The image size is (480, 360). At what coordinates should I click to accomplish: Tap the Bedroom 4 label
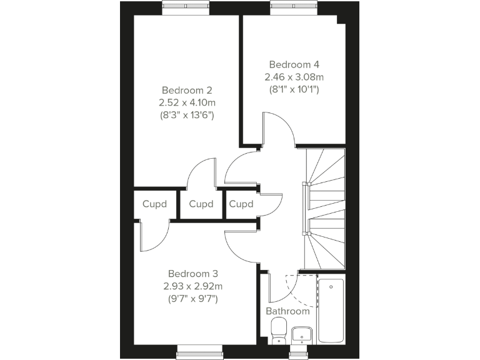[294, 64]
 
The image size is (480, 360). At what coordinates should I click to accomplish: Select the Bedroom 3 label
[192, 274]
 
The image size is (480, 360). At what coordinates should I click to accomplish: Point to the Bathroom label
[287, 311]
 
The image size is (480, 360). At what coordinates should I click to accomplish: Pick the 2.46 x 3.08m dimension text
[294, 77]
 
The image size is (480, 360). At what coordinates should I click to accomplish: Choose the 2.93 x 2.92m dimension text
[192, 286]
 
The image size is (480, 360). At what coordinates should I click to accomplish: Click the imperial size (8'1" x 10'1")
[294, 89]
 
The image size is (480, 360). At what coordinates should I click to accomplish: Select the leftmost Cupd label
[155, 204]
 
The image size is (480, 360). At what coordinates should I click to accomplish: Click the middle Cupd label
[201, 204]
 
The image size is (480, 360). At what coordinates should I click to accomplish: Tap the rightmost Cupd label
[241, 204]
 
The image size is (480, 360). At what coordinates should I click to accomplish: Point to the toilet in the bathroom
[278, 330]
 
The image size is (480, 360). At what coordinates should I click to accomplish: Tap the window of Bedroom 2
[186, 6]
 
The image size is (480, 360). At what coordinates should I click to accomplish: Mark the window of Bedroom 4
[294, 6]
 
